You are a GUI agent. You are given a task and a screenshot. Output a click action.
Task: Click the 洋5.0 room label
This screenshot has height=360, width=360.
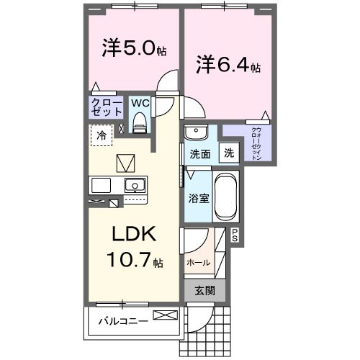coord(134,49)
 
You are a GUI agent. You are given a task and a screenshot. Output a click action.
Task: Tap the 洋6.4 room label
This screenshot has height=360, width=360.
coord(228,66)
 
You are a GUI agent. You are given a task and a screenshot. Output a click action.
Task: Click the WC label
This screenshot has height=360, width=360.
coord(140,102)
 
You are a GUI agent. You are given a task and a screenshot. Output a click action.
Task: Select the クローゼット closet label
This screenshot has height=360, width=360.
coord(105,108)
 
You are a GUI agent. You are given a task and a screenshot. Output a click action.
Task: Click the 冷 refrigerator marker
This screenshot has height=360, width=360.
coord(102,135)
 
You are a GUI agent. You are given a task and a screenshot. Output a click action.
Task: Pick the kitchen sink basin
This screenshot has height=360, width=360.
coord(135,185)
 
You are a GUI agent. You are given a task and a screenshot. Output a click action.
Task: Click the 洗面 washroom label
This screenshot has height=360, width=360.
coord(199,153)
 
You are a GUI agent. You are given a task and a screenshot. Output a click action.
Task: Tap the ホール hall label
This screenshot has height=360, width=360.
coord(199,262)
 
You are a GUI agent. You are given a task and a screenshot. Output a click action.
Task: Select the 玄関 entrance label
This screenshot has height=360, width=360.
coord(204,290)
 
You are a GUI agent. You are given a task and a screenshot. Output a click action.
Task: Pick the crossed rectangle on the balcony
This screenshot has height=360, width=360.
coord(164,315)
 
